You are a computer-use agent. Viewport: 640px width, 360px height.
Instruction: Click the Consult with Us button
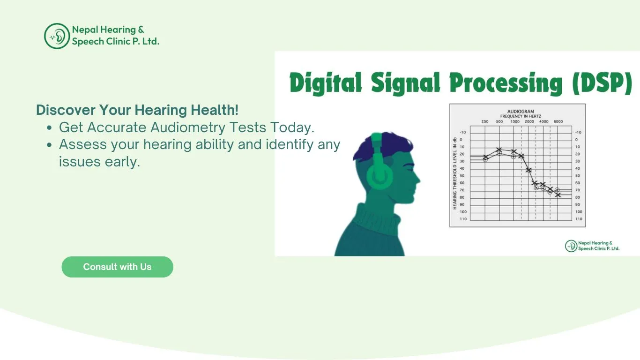click(x=117, y=267)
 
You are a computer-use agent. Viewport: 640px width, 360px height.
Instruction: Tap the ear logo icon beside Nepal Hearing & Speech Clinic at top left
click(x=57, y=36)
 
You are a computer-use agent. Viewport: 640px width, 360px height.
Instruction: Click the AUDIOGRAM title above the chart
click(x=521, y=112)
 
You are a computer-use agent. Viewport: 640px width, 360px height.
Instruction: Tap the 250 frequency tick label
click(x=485, y=122)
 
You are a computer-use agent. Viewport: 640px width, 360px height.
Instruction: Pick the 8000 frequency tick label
click(x=558, y=122)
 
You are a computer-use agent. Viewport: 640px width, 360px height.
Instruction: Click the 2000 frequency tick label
click(x=529, y=122)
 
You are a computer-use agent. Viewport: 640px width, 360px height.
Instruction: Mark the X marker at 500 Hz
click(x=499, y=150)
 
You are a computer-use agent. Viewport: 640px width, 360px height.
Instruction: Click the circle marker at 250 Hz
click(x=485, y=159)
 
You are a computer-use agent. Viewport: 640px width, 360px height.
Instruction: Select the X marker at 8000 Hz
click(x=558, y=195)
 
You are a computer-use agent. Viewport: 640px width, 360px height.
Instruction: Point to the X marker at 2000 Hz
click(x=528, y=170)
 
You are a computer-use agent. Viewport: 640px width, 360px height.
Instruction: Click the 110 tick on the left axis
click(x=463, y=219)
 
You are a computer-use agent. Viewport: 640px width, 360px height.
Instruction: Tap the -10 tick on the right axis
click(x=579, y=132)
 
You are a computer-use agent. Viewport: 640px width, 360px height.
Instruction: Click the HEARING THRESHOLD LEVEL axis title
click(x=454, y=173)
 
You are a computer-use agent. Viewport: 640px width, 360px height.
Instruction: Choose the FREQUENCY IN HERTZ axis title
click(x=521, y=116)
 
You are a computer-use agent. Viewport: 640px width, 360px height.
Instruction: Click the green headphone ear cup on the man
click(x=380, y=175)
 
